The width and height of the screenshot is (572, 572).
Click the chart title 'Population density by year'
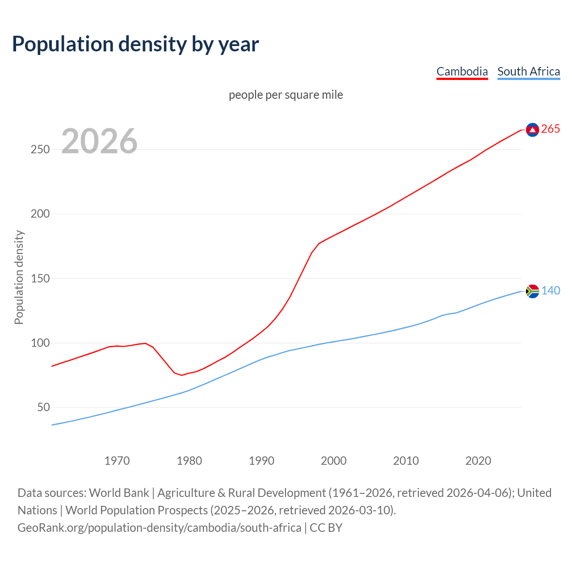tap(135, 44)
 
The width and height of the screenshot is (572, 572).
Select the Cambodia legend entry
tap(462, 71)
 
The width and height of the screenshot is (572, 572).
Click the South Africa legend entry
tap(529, 71)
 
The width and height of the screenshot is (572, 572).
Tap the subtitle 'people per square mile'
tap(286, 95)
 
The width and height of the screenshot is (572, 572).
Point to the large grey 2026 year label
tap(99, 141)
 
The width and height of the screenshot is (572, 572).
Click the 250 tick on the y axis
tap(40, 150)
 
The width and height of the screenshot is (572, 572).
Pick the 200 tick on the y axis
tap(40, 214)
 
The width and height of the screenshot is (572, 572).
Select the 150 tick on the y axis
tap(40, 278)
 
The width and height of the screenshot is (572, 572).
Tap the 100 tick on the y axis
tap(40, 343)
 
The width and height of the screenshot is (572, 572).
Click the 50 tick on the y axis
tap(43, 408)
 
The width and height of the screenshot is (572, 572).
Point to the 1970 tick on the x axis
tap(117, 461)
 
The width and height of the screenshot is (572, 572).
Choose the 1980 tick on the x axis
tap(189, 461)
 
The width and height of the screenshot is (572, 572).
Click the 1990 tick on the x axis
tap(261, 461)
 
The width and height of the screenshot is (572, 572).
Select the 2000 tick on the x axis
tap(334, 461)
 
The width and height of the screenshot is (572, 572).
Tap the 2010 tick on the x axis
tap(406, 461)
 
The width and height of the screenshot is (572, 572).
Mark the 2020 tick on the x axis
tap(478, 461)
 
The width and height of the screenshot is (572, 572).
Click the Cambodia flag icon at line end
tap(532, 130)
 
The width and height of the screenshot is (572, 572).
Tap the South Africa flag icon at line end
tap(532, 291)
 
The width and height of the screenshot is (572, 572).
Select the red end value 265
tap(551, 129)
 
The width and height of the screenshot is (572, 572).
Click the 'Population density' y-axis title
tap(19, 277)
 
